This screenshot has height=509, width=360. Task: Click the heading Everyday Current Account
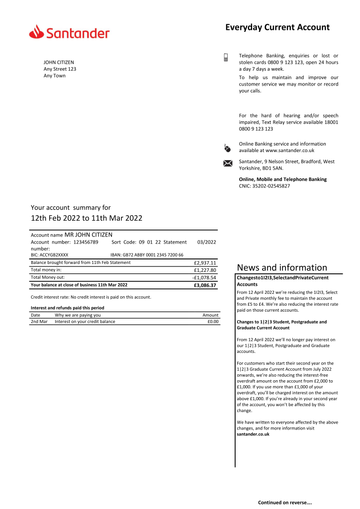point(277,27)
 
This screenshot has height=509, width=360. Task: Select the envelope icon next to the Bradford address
point(228,163)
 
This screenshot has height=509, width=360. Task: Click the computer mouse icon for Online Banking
point(227,148)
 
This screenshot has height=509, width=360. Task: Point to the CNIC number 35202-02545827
point(272,186)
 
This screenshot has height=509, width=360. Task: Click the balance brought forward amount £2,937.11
point(205,263)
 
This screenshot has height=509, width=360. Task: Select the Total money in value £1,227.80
point(205,270)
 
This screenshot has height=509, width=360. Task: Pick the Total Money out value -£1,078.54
point(204,277)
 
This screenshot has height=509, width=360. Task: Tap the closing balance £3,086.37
point(205,285)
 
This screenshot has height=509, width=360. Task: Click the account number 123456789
point(86,242)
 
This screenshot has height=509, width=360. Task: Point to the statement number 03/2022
point(206,242)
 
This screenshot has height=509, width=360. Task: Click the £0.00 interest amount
point(212,322)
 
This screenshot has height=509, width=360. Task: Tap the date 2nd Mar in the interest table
point(39,322)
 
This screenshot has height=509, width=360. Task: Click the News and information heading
point(282,268)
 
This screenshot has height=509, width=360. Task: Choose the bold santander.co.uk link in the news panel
point(253,434)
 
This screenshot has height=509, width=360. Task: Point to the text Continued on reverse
point(284,503)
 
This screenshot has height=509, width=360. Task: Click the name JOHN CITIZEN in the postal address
point(59,62)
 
